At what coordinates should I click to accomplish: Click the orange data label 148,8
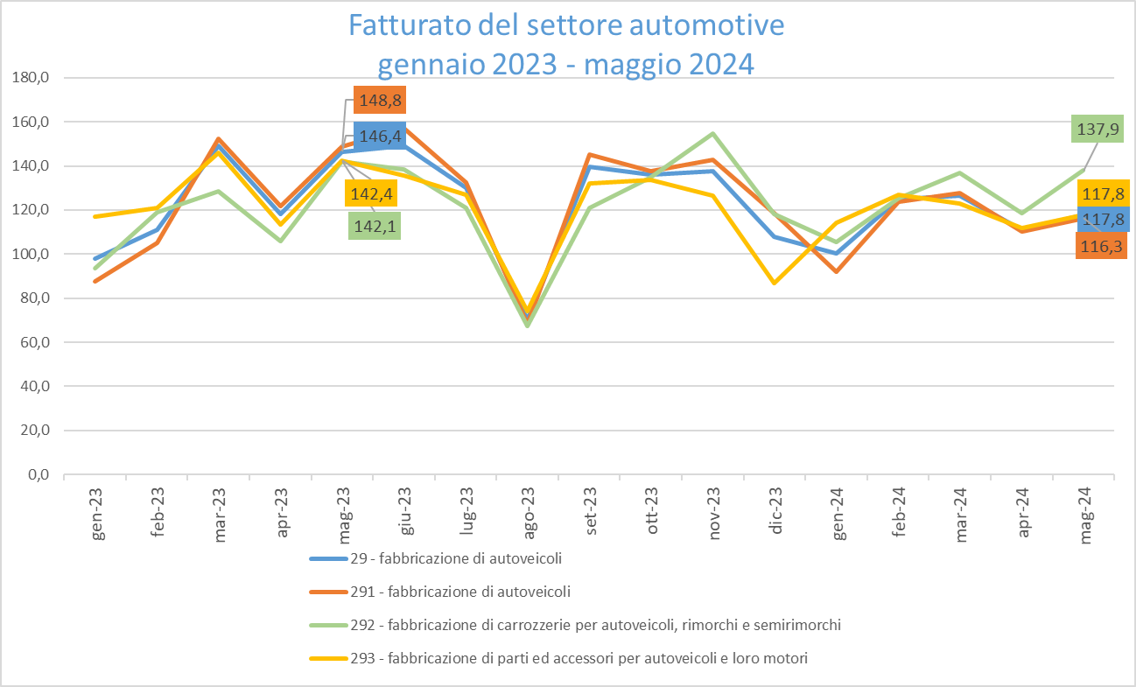[x=379, y=102]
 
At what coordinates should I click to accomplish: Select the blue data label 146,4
[x=379, y=137]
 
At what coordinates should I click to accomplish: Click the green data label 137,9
[x=1097, y=130]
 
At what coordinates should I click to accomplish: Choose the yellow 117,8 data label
[x=1105, y=193]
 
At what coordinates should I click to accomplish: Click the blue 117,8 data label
[x=1105, y=219]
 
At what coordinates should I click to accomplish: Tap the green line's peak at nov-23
[x=713, y=134]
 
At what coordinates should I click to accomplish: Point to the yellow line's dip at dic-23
[x=775, y=283]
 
